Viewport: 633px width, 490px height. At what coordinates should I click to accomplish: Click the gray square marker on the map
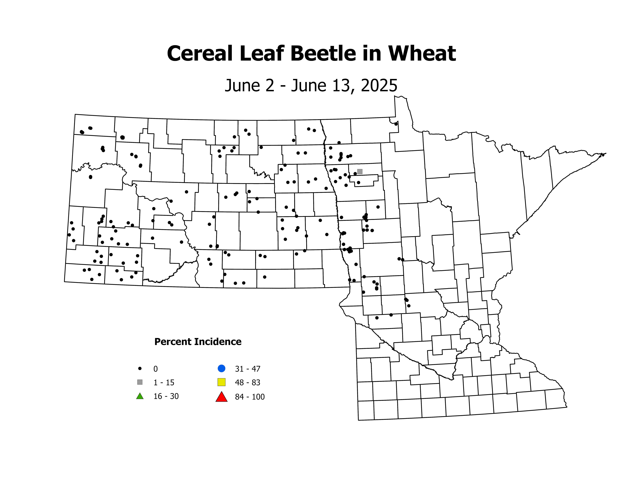pyautogui.click(x=360, y=172)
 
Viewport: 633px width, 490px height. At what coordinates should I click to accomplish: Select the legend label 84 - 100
pyautogui.click(x=250, y=397)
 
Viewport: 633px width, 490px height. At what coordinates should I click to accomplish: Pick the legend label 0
pyautogui.click(x=156, y=369)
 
